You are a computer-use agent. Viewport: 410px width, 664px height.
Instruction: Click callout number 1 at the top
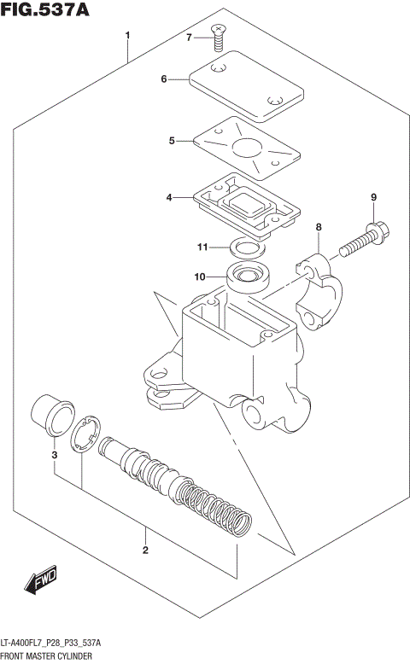tap(127, 36)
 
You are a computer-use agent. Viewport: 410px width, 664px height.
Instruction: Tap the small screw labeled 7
tap(220, 34)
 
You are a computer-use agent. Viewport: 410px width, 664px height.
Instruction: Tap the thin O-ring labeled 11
tap(246, 248)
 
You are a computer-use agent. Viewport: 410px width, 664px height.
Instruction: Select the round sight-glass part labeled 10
tap(249, 277)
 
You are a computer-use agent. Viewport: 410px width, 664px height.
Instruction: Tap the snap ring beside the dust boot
tap(86, 435)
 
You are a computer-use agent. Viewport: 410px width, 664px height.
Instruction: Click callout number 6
tap(163, 79)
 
